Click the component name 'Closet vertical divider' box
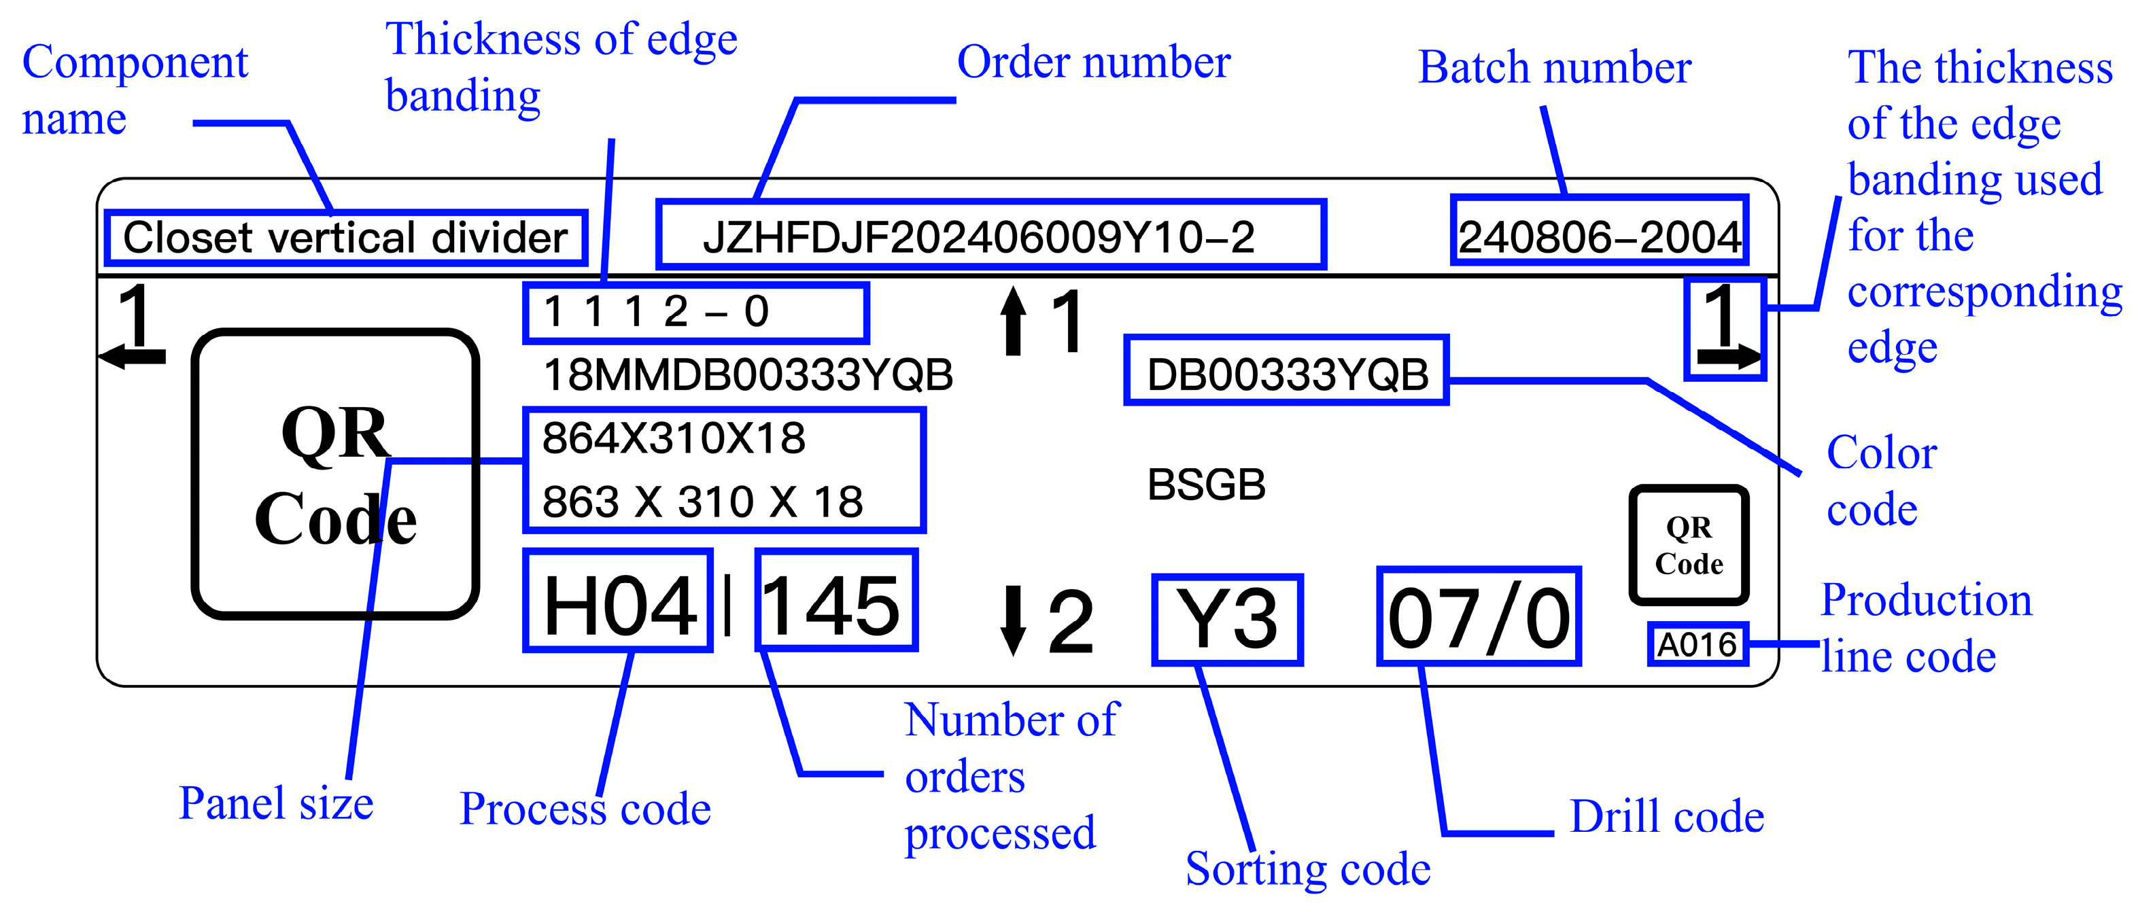(x=346, y=238)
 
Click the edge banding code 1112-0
(x=695, y=313)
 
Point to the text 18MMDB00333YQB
(x=748, y=375)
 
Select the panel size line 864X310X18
(x=673, y=438)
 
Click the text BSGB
(x=1206, y=485)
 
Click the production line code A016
(x=1697, y=645)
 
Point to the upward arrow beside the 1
(x=1012, y=322)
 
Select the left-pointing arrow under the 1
(x=133, y=357)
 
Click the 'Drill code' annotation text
(x=1667, y=817)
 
